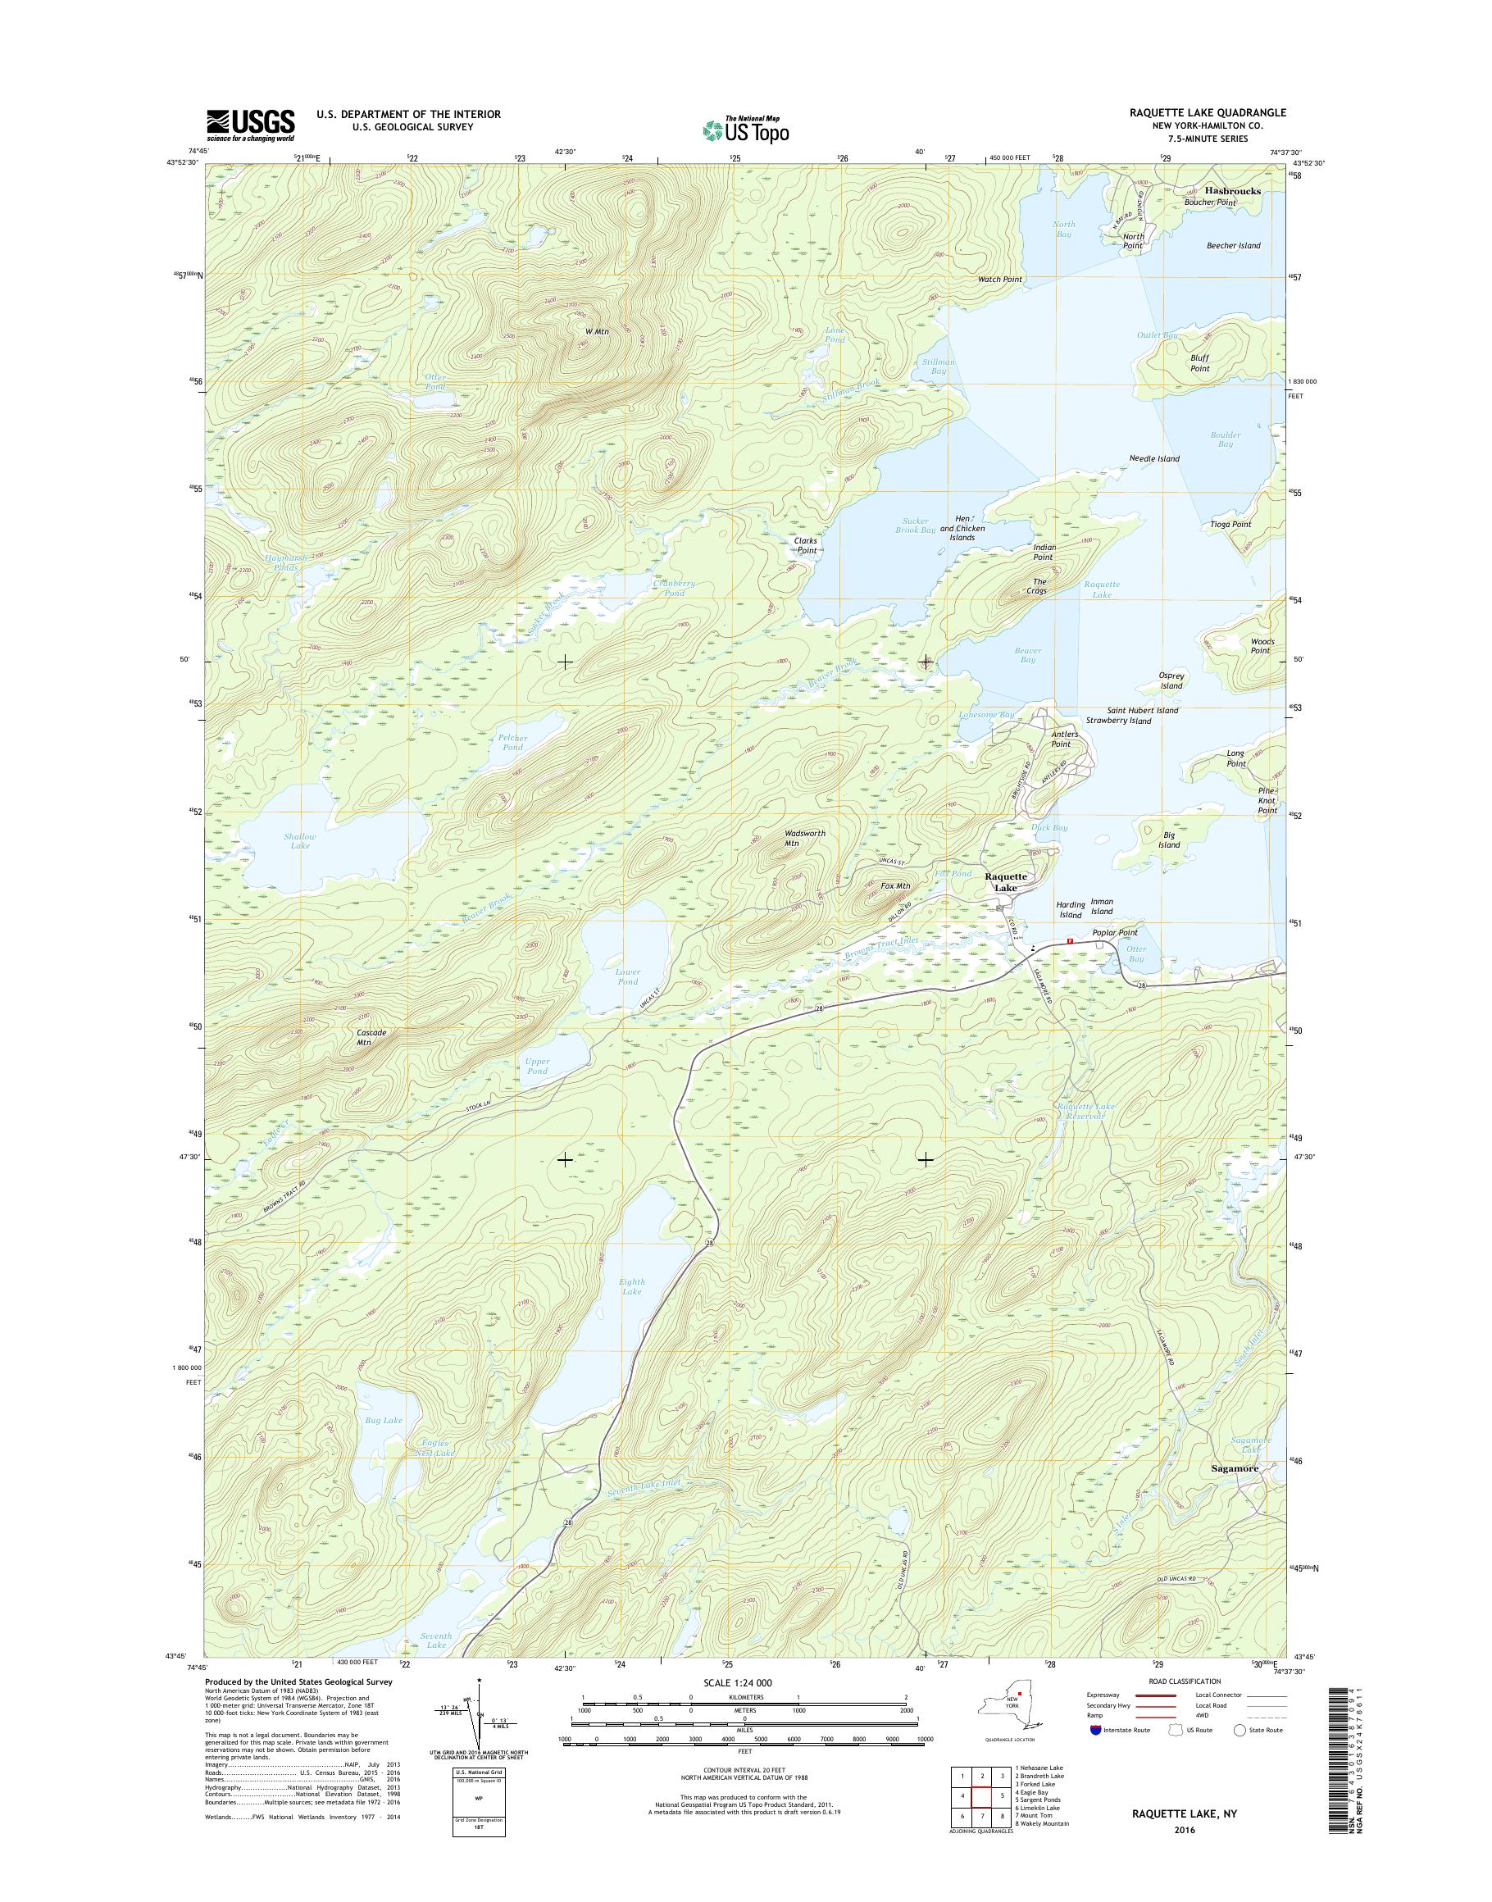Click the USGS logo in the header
tap(250, 125)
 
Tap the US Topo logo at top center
tap(745, 129)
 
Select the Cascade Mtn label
tap(371, 1037)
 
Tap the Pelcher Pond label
tap(512, 742)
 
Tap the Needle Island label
tap(1154, 457)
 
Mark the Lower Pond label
tap(627, 976)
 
